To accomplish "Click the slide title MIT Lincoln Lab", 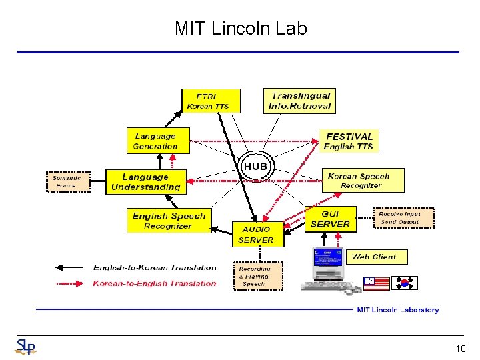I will coord(240,29).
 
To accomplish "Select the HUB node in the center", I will coord(255,166).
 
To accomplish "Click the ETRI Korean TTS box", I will coord(210,101).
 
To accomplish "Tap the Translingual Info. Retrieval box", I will coord(299,101).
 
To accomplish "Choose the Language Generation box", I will coord(157,141).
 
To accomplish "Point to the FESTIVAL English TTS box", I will coord(349,141).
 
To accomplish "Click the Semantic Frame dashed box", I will coord(67,181).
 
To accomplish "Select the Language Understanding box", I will coord(145,182).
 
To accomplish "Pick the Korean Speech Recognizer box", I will coord(358,181).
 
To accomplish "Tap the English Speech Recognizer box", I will coord(169,221).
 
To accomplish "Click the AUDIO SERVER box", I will coord(256,235).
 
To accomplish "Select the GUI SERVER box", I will coord(330,219).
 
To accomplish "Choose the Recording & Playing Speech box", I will coord(257,276).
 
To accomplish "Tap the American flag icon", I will coord(377,283).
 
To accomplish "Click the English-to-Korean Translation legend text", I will coord(155,267).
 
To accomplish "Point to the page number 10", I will coord(460,349).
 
